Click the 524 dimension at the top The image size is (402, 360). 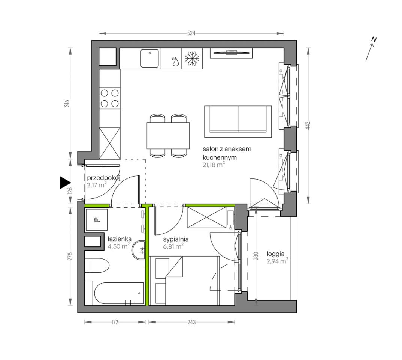tap(191, 33)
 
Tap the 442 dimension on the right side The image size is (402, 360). tap(308, 126)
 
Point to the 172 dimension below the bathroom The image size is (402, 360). tap(115, 322)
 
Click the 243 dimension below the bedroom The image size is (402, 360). tap(191, 322)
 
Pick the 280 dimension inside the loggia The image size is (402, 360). tap(256, 256)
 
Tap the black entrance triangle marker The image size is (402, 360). tap(65, 183)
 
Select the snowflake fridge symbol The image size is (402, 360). tap(192, 58)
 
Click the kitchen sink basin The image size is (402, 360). tap(149, 58)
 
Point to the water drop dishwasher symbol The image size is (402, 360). tap(175, 61)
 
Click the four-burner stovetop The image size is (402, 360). tap(110, 98)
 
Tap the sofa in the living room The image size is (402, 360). tap(238, 121)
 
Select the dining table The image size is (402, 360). tap(168, 136)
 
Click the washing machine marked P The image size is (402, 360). tap(96, 220)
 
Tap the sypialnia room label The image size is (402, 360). tap(176, 239)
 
